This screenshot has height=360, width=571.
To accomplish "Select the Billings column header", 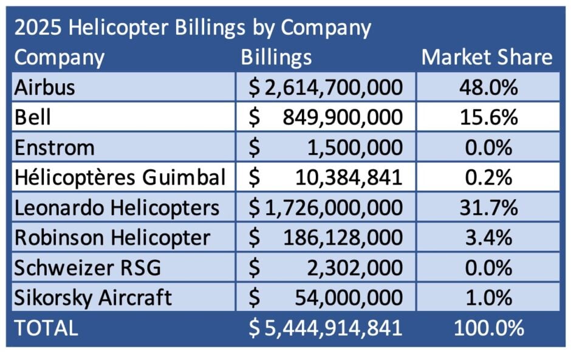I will (276, 58).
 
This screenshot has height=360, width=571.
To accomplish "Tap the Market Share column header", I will (487, 58).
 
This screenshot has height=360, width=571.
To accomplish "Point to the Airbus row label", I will (45, 87).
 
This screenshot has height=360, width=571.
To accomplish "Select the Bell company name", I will (33, 117).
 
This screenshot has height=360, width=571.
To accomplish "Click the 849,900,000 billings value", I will (343, 117).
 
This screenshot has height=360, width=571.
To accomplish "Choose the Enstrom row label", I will (54, 148).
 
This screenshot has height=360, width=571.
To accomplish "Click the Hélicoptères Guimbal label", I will (119, 178).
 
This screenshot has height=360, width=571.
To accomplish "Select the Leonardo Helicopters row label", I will (117, 208).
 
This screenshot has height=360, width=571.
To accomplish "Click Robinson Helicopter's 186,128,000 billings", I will (343, 237).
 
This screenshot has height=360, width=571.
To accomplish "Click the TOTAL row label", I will (46, 328).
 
